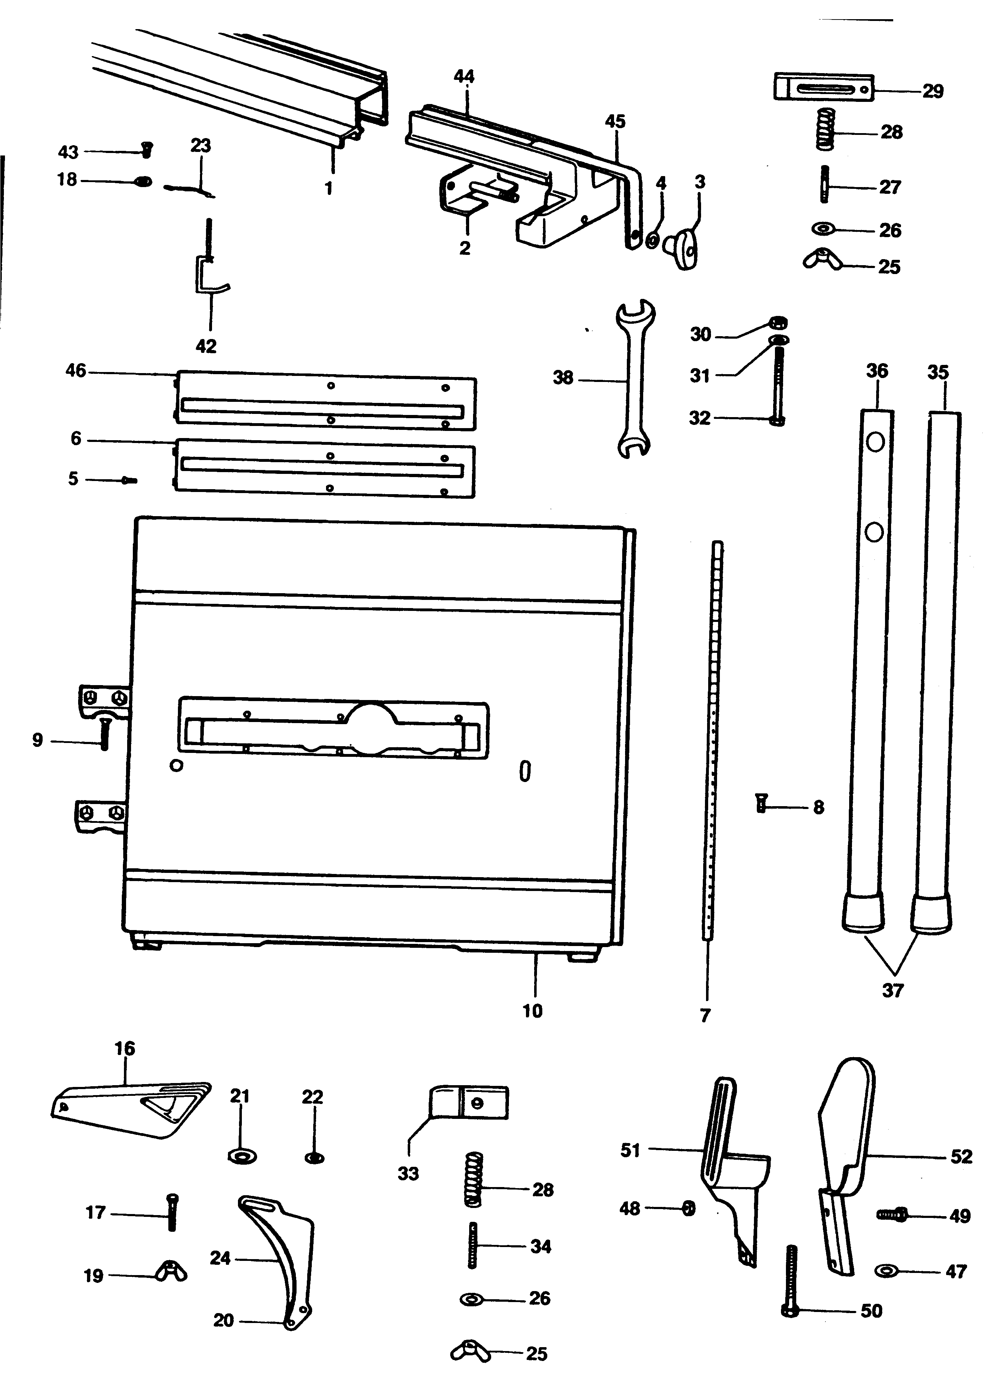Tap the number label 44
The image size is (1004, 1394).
[x=464, y=76]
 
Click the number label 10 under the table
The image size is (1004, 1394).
[x=532, y=1011]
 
